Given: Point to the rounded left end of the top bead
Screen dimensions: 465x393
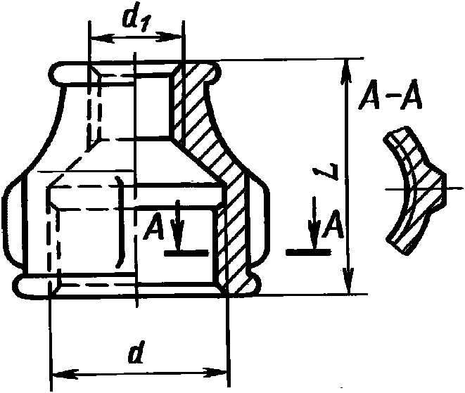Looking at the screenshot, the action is click(x=56, y=72).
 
